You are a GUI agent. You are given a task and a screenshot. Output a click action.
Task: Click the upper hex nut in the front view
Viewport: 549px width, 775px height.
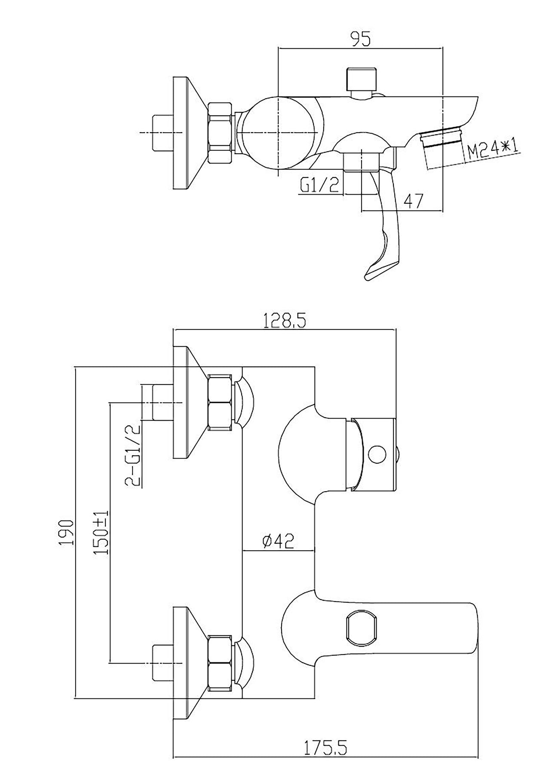221,402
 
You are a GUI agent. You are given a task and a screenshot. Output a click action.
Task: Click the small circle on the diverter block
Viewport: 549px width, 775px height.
377,455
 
